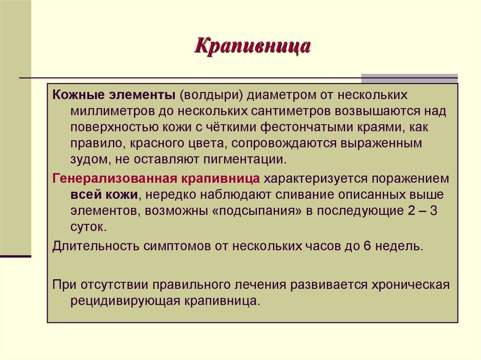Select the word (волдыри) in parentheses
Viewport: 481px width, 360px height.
(x=210, y=95)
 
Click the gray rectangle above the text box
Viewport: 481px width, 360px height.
(x=409, y=78)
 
